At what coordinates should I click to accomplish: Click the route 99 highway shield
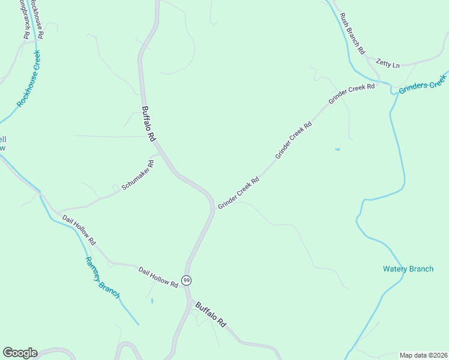click(187, 281)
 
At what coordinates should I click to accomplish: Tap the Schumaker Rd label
click(138, 175)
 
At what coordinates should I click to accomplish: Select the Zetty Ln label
click(387, 62)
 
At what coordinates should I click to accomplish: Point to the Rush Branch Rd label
click(352, 34)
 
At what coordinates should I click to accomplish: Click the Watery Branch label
click(408, 269)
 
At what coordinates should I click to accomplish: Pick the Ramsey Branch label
click(102, 278)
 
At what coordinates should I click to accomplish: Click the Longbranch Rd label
click(24, 18)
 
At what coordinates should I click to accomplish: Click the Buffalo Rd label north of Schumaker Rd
click(148, 124)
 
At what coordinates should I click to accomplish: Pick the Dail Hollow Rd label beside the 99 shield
click(158, 277)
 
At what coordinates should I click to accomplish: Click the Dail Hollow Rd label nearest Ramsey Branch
click(79, 228)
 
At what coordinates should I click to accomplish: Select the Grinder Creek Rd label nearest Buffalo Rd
click(238, 193)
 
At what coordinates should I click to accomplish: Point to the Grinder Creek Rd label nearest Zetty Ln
click(351, 94)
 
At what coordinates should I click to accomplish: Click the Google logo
click(20, 353)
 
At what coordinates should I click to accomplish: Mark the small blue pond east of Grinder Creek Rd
click(337, 149)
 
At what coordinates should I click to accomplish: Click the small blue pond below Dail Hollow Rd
click(152, 300)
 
